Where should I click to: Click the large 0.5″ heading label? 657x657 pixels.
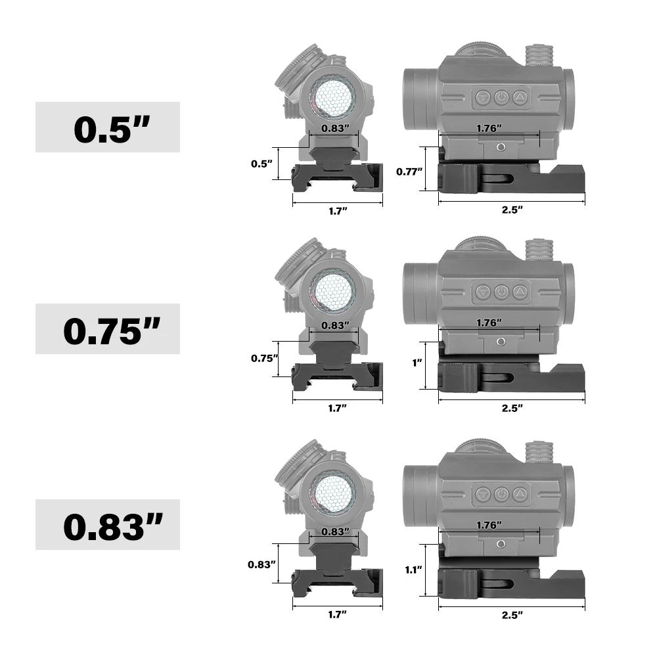pyautogui.click(x=107, y=127)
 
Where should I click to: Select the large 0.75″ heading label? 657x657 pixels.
pyautogui.click(x=107, y=329)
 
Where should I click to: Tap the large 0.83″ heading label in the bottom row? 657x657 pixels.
pyautogui.click(x=107, y=525)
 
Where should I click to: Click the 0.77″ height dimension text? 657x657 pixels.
pyautogui.click(x=409, y=171)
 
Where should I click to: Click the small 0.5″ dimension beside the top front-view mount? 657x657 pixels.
pyautogui.click(x=261, y=164)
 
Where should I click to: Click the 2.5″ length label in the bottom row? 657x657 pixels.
pyautogui.click(x=511, y=615)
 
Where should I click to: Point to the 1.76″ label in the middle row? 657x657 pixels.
pyautogui.click(x=488, y=323)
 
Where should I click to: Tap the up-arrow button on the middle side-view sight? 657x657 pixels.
pyautogui.click(x=520, y=291)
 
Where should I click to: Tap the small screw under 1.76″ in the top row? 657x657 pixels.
pyautogui.click(x=501, y=147)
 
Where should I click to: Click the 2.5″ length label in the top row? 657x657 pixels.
pyautogui.click(x=511, y=210)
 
